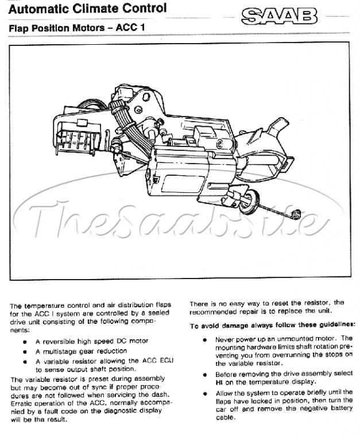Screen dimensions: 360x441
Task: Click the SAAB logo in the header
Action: point(279,16)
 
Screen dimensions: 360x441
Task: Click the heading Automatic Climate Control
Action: point(87,9)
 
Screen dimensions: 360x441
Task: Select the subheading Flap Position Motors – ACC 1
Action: point(77,28)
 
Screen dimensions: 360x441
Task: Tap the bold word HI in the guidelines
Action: point(219,383)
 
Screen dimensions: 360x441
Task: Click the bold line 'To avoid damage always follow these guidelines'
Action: point(272,325)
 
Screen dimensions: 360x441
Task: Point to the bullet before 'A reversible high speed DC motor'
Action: point(25,342)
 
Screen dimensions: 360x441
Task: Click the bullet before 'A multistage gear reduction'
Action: point(25,352)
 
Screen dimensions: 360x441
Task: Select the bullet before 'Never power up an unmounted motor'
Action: point(205,340)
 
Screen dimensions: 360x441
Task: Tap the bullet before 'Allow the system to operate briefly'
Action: point(205,393)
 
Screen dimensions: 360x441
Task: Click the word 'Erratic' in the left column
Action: point(21,403)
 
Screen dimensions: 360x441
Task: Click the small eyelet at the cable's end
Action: point(296,215)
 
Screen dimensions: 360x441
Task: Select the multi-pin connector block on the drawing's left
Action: point(78,135)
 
